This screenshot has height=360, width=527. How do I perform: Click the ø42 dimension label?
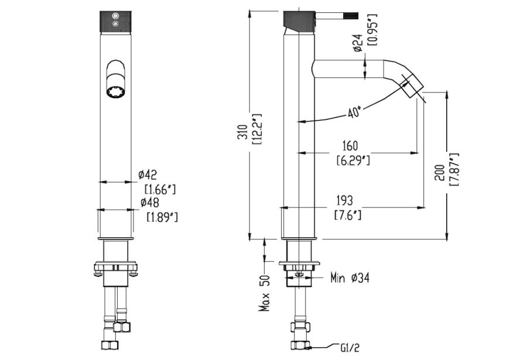[148, 175]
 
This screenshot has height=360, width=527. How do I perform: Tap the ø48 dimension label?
[150, 203]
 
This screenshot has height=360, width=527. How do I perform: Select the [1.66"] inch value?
[160, 189]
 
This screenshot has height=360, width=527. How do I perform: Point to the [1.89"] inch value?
[162, 217]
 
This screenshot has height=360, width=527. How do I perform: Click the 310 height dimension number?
[242, 132]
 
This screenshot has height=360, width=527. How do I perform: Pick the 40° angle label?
[355, 112]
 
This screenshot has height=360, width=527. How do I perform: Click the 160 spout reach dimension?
[350, 146]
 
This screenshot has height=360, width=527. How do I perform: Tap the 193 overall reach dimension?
[345, 201]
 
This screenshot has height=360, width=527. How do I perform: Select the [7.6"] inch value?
[348, 215]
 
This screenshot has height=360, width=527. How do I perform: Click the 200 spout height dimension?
[440, 173]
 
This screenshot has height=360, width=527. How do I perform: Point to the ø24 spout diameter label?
[358, 43]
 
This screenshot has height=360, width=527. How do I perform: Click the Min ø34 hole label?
[350, 278]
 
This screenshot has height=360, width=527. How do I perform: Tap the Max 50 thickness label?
[265, 293]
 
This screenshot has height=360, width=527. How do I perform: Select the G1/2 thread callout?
[350, 348]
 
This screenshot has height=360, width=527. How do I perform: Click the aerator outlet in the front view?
[115, 92]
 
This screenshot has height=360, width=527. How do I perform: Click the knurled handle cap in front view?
[115, 22]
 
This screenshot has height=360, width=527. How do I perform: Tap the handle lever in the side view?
[337, 15]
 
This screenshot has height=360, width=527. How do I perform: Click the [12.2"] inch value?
[258, 129]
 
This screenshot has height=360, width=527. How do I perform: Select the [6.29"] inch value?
[353, 160]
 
